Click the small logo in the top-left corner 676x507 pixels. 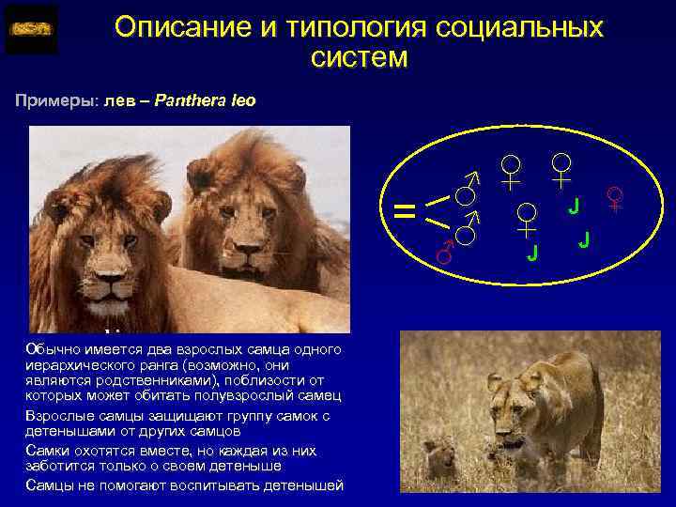point(31,29)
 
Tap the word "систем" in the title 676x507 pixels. point(359,58)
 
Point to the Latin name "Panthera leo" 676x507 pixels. point(210,100)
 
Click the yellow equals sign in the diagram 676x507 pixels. point(405,211)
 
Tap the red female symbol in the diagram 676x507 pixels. point(616,197)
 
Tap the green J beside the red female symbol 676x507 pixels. point(575,205)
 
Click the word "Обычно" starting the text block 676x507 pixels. point(48,349)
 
